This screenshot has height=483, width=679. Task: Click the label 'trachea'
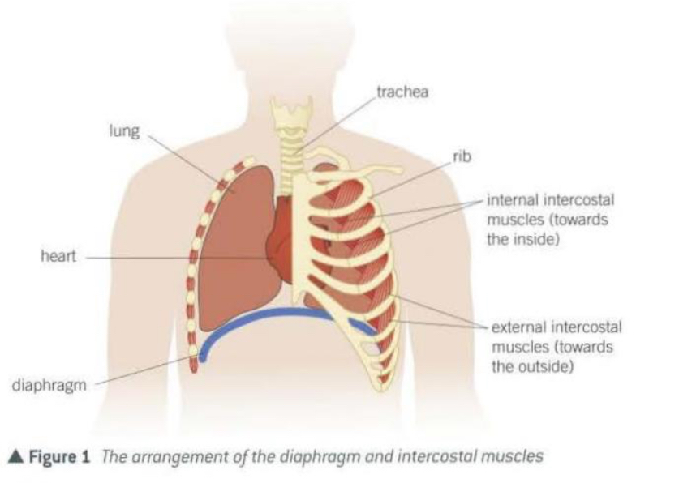point(402,92)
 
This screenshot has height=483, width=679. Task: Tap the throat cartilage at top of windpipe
point(291,113)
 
